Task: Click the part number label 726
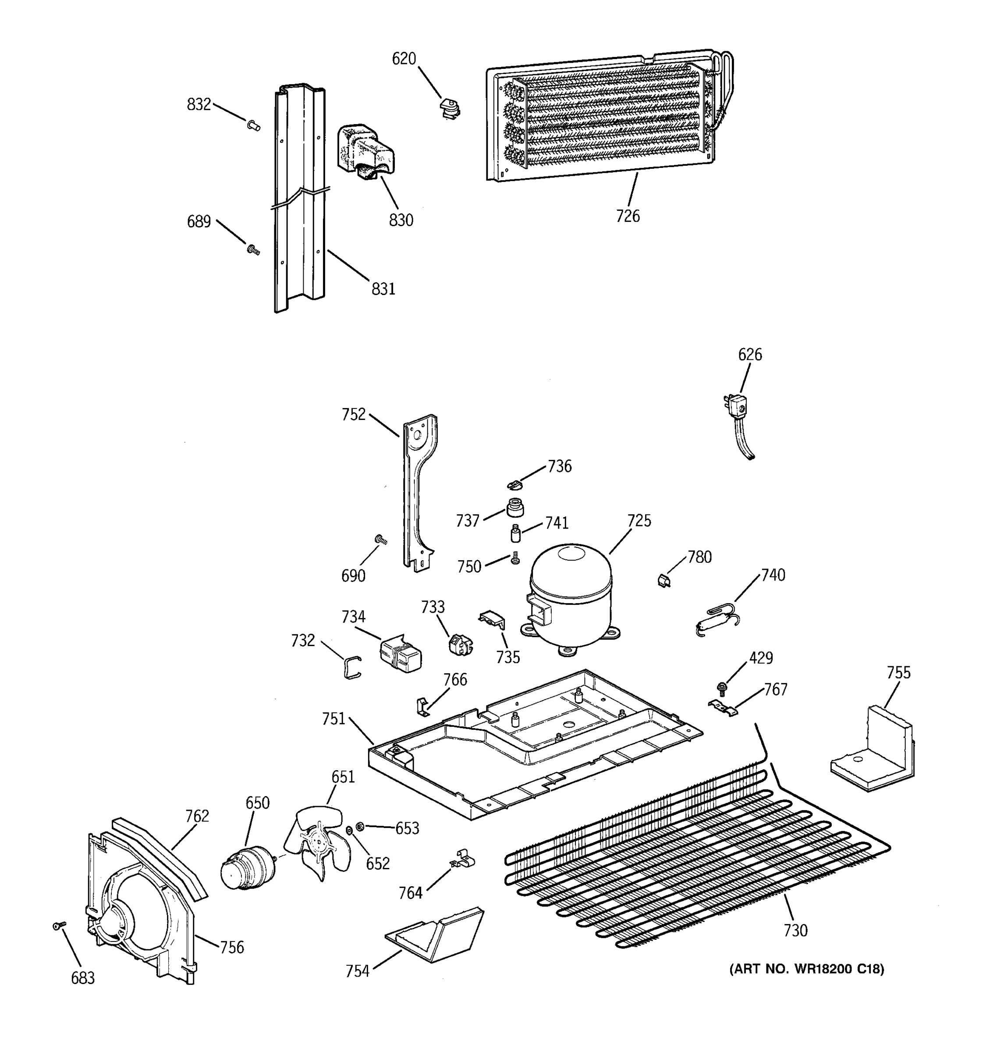pyautogui.click(x=628, y=216)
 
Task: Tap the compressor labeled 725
pyautogui.click(x=570, y=598)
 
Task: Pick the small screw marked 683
pyautogui.click(x=59, y=925)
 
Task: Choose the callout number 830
pyautogui.click(x=401, y=220)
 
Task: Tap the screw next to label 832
pyautogui.click(x=253, y=125)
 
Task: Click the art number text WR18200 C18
pyautogui.click(x=806, y=969)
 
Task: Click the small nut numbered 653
pyautogui.click(x=359, y=826)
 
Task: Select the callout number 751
pyautogui.click(x=333, y=718)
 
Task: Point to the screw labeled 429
pyautogui.click(x=720, y=687)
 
